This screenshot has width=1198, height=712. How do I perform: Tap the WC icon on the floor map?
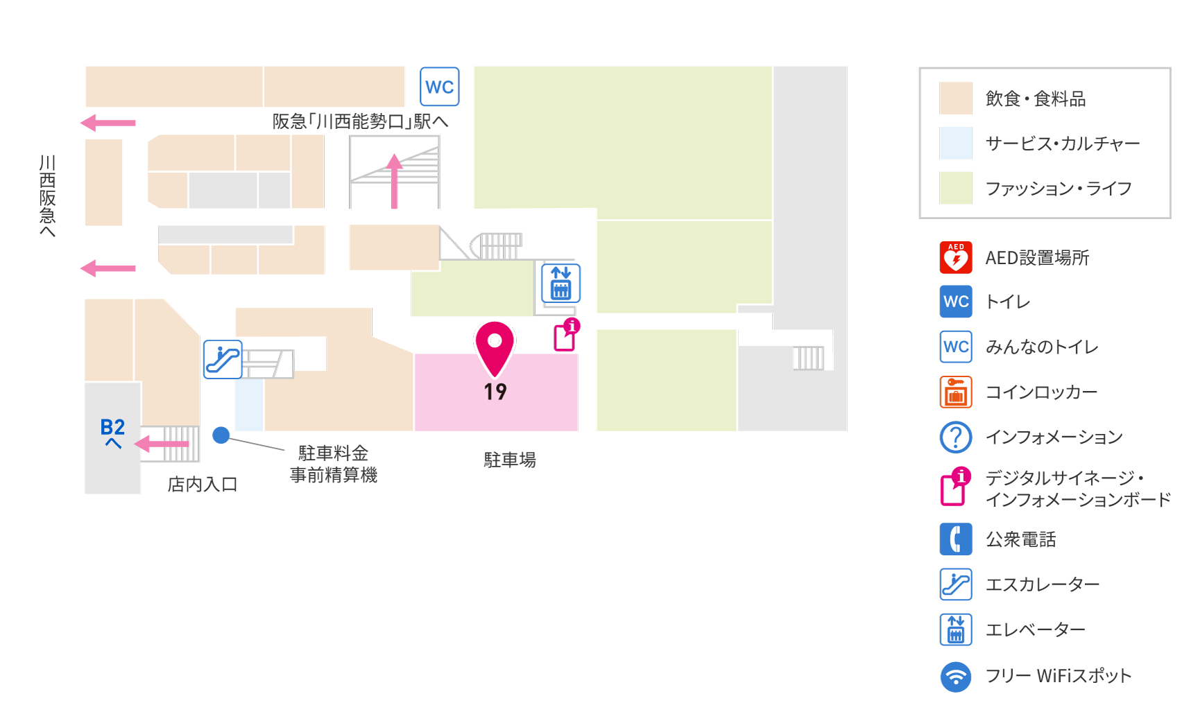pyautogui.click(x=440, y=87)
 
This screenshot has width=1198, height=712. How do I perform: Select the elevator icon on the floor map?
pyautogui.click(x=561, y=283)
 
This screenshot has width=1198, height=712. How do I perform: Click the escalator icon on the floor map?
pyautogui.click(x=223, y=359)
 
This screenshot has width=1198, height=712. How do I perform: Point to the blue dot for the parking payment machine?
pyautogui.click(x=221, y=435)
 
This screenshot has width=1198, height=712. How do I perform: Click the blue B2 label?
pyautogui.click(x=112, y=427)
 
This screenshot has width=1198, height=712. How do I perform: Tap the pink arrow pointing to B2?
pyautogui.click(x=161, y=444)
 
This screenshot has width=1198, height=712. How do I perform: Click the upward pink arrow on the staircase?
pyautogui.click(x=394, y=181)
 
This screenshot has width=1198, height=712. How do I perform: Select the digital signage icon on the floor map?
pyautogui.click(x=567, y=335)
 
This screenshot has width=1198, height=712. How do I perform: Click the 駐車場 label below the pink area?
pyautogui.click(x=510, y=460)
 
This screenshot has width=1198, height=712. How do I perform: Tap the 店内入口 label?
pyautogui.click(x=203, y=484)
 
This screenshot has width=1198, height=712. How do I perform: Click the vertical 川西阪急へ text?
pyautogui.click(x=47, y=196)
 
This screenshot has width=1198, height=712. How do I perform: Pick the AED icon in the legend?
pyautogui.click(x=956, y=257)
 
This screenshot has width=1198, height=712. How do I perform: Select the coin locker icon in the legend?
pyautogui.click(x=956, y=392)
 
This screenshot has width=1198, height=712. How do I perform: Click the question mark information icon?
pyautogui.click(x=956, y=437)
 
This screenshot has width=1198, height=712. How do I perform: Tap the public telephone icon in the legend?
pyautogui.click(x=956, y=539)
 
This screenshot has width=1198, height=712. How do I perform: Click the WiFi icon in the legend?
pyautogui.click(x=956, y=676)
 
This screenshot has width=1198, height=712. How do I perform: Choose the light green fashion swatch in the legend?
pyautogui.click(x=956, y=188)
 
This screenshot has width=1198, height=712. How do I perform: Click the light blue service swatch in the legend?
pyautogui.click(x=956, y=143)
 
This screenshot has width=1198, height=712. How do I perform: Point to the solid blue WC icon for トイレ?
pyautogui.click(x=956, y=302)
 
